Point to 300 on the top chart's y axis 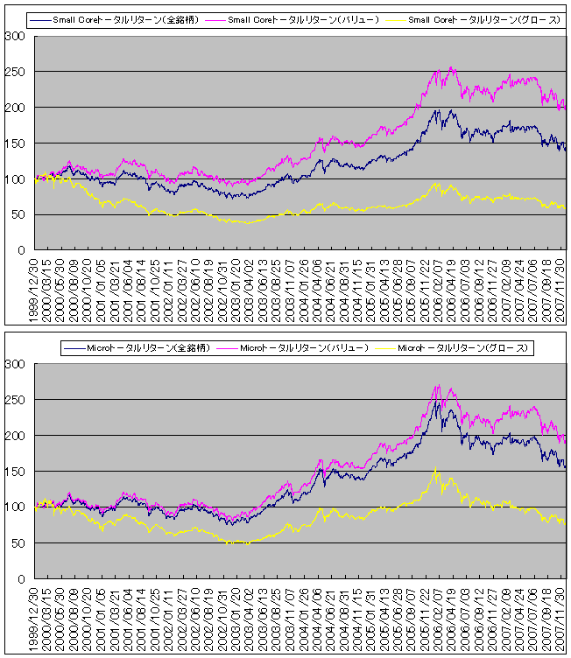click(14, 36)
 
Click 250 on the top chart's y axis click(14, 72)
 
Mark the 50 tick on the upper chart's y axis click(18, 214)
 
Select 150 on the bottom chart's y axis click(14, 472)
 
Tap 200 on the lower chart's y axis click(14, 436)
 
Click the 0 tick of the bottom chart click(21, 579)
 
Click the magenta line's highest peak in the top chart click(450, 67)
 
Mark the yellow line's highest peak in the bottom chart click(435, 470)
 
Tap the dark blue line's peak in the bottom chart click(437, 402)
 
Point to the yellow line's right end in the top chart click(565, 206)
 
